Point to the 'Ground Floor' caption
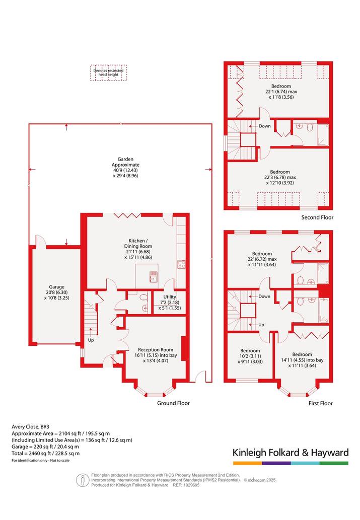coord(173,403)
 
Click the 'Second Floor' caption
coord(317,217)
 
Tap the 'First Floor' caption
coord(321,403)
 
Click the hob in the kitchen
coord(181,264)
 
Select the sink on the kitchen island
coord(153,277)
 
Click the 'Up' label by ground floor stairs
coord(91,340)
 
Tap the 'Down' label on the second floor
coord(265,126)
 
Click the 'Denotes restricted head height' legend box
coord(108,72)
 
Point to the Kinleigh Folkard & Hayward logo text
coord(291,453)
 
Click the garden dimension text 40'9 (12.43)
coord(125,170)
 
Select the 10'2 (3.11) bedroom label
coord(250,356)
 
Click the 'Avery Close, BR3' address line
coord(30,427)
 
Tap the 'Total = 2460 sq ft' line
coord(45,454)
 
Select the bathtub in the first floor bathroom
coord(323,311)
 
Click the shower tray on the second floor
coord(323,134)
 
